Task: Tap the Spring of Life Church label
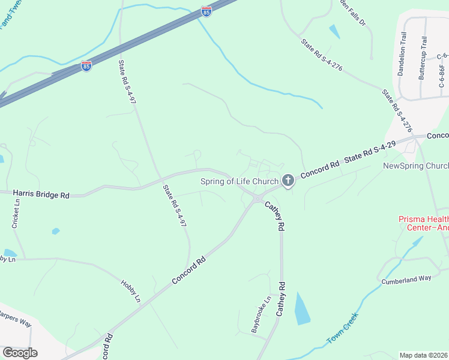(240, 181)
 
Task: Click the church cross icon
(288, 180)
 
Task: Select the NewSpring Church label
(415, 166)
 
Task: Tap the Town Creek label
(342, 328)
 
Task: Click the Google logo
(19, 352)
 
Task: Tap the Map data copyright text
(424, 355)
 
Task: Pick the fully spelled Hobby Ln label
(130, 290)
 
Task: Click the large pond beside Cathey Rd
(303, 308)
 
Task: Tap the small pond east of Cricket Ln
(56, 231)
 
